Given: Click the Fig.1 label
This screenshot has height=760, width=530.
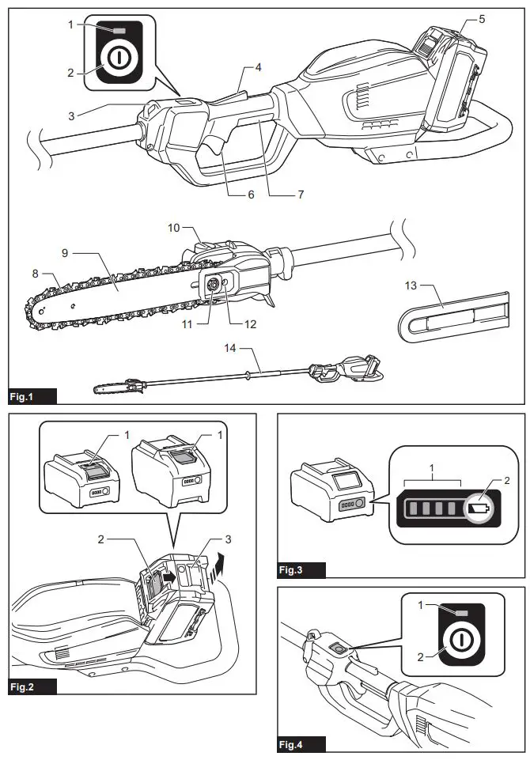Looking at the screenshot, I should coord(24,395).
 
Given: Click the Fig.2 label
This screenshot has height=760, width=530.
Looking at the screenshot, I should coord(24,686).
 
